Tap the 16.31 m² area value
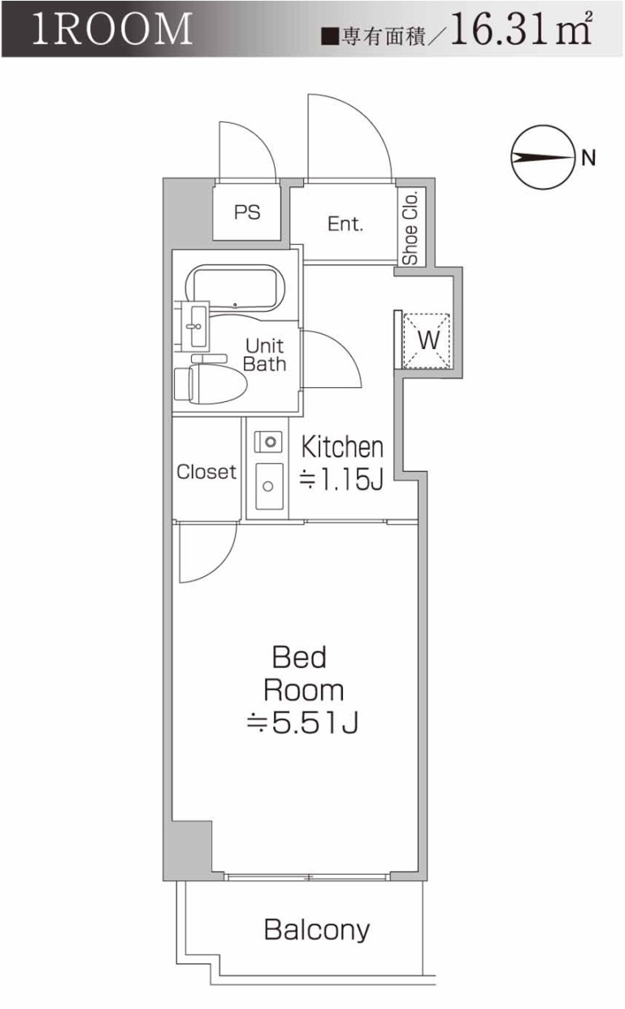[x=520, y=33]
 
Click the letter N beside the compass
[x=588, y=158]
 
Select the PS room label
[x=247, y=212]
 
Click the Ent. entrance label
[x=345, y=224]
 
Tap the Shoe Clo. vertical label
[x=410, y=229]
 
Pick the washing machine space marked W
[x=428, y=339]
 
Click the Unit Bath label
[x=265, y=355]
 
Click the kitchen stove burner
[x=268, y=442]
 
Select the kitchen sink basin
[x=267, y=484]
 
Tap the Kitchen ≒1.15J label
[x=341, y=464]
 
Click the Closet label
[x=206, y=472]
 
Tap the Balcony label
[x=317, y=929]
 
